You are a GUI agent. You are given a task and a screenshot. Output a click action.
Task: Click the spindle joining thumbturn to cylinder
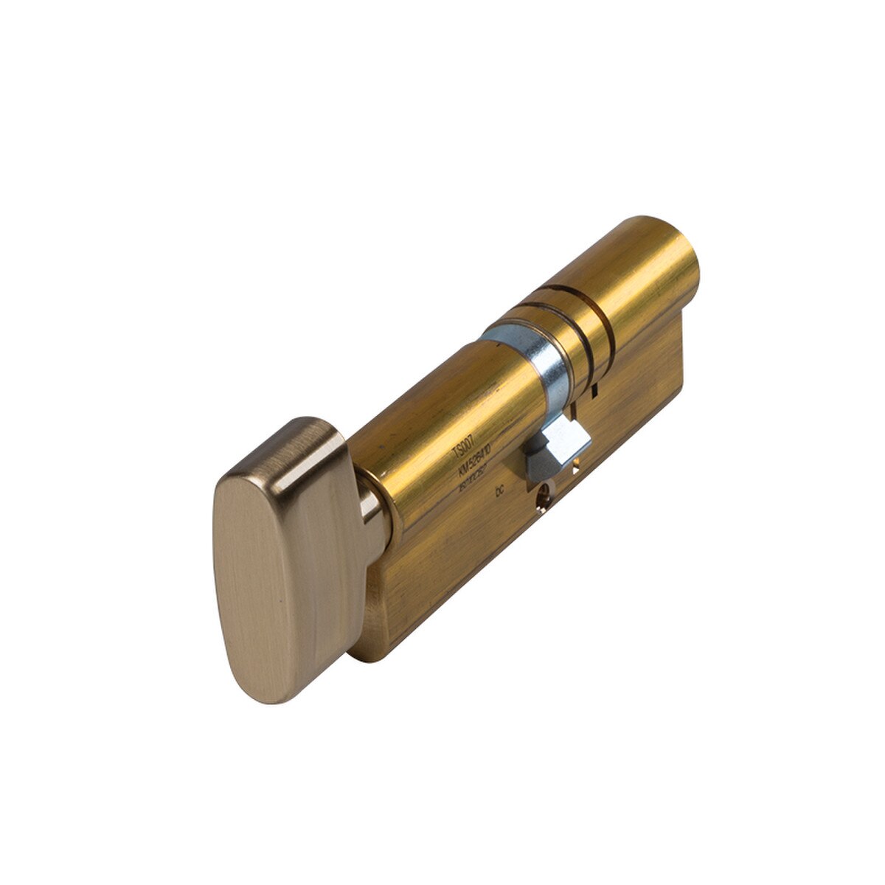[x=372, y=509]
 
